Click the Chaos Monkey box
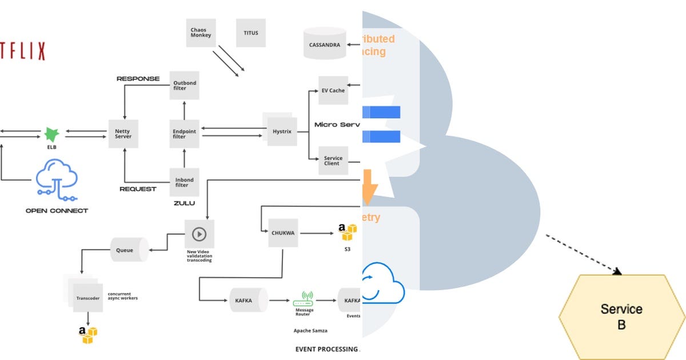[201, 33]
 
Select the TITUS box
[250, 33]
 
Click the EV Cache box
[333, 90]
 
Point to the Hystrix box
[282, 131]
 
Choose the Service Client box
[333, 161]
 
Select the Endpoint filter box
[184, 134]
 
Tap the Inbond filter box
[184, 182]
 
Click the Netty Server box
[123, 134]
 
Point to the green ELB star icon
[52, 135]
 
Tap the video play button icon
[199, 234]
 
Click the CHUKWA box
[283, 233]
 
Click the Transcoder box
[87, 298]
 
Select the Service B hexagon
[621, 317]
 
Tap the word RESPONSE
[138, 78]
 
